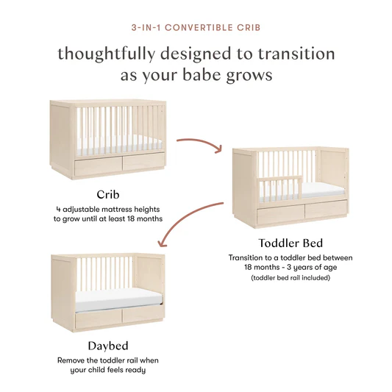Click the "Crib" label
(x=108, y=194)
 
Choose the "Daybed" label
(x=108, y=345)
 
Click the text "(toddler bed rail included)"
(x=291, y=278)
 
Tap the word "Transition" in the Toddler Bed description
(x=249, y=258)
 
